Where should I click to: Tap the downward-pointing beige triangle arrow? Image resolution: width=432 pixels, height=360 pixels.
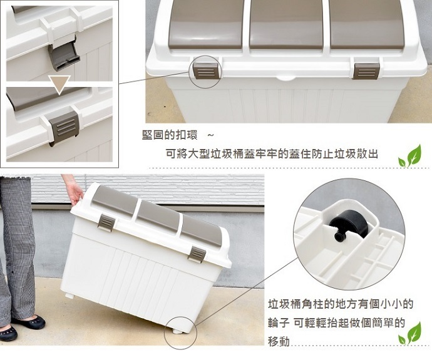click(59, 84)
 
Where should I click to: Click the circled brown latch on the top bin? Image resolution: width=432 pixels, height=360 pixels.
click(207, 71)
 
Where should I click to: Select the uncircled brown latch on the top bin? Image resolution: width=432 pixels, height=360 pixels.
click(366, 71)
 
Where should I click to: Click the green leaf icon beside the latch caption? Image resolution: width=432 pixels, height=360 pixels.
click(410, 156)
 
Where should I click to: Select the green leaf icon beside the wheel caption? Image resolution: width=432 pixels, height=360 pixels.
click(410, 333)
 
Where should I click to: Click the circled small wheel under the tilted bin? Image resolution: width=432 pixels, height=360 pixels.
click(178, 331)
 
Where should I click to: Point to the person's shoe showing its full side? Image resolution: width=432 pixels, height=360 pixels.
click(28, 322)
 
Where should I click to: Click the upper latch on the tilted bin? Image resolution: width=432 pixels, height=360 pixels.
click(106, 222)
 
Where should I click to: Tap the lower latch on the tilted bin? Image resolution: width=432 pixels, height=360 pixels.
click(197, 255)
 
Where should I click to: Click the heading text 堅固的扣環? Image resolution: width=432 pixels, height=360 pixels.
click(170, 135)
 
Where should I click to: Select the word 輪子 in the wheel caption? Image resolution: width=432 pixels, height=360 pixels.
click(279, 322)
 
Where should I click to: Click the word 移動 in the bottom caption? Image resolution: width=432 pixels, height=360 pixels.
click(279, 342)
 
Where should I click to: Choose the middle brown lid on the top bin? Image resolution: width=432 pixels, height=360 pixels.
click(287, 25)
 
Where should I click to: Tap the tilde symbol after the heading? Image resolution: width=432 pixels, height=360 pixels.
click(210, 135)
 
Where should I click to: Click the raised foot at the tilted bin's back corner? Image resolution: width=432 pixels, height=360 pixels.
click(70, 296)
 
